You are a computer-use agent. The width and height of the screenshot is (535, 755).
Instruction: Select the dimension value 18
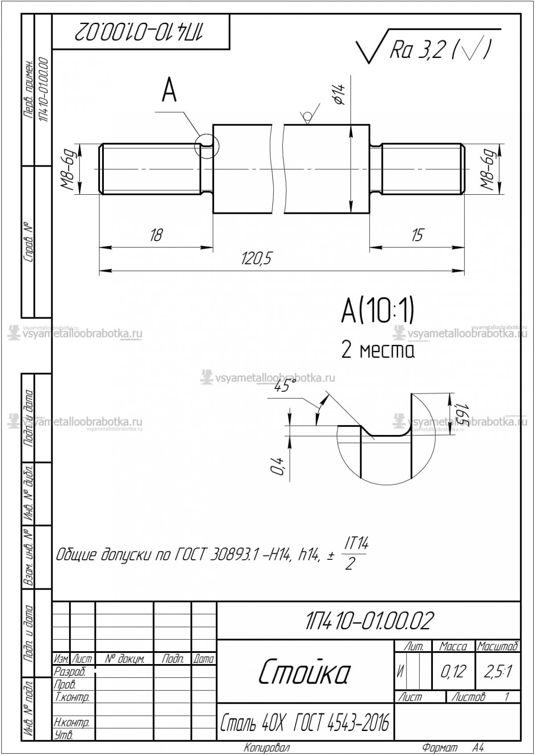(x=156, y=235)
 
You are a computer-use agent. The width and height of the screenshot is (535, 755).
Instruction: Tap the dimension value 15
(x=417, y=235)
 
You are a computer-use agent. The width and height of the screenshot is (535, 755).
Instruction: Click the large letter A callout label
(x=169, y=91)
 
